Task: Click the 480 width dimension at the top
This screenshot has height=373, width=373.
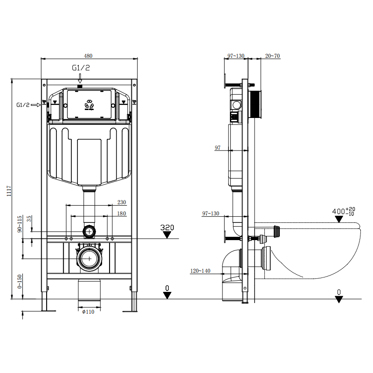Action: coord(88,56)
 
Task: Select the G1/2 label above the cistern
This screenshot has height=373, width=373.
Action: coord(81,68)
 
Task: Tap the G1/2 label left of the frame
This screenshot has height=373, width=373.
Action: coord(23,105)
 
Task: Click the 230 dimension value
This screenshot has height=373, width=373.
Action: coord(121,202)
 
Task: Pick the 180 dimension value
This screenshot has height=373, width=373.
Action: coord(121,214)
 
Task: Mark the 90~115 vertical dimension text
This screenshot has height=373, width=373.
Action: coord(20,224)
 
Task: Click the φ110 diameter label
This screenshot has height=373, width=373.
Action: coord(88,312)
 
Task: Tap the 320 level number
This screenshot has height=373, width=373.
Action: coord(167,228)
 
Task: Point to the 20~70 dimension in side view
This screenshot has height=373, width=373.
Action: coord(273,56)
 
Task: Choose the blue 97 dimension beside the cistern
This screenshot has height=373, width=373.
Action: coord(218,148)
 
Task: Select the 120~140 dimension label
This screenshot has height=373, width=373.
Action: coord(200,270)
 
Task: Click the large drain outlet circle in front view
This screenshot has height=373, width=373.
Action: coord(88,258)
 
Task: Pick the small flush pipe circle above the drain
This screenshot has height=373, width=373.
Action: coord(89,231)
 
